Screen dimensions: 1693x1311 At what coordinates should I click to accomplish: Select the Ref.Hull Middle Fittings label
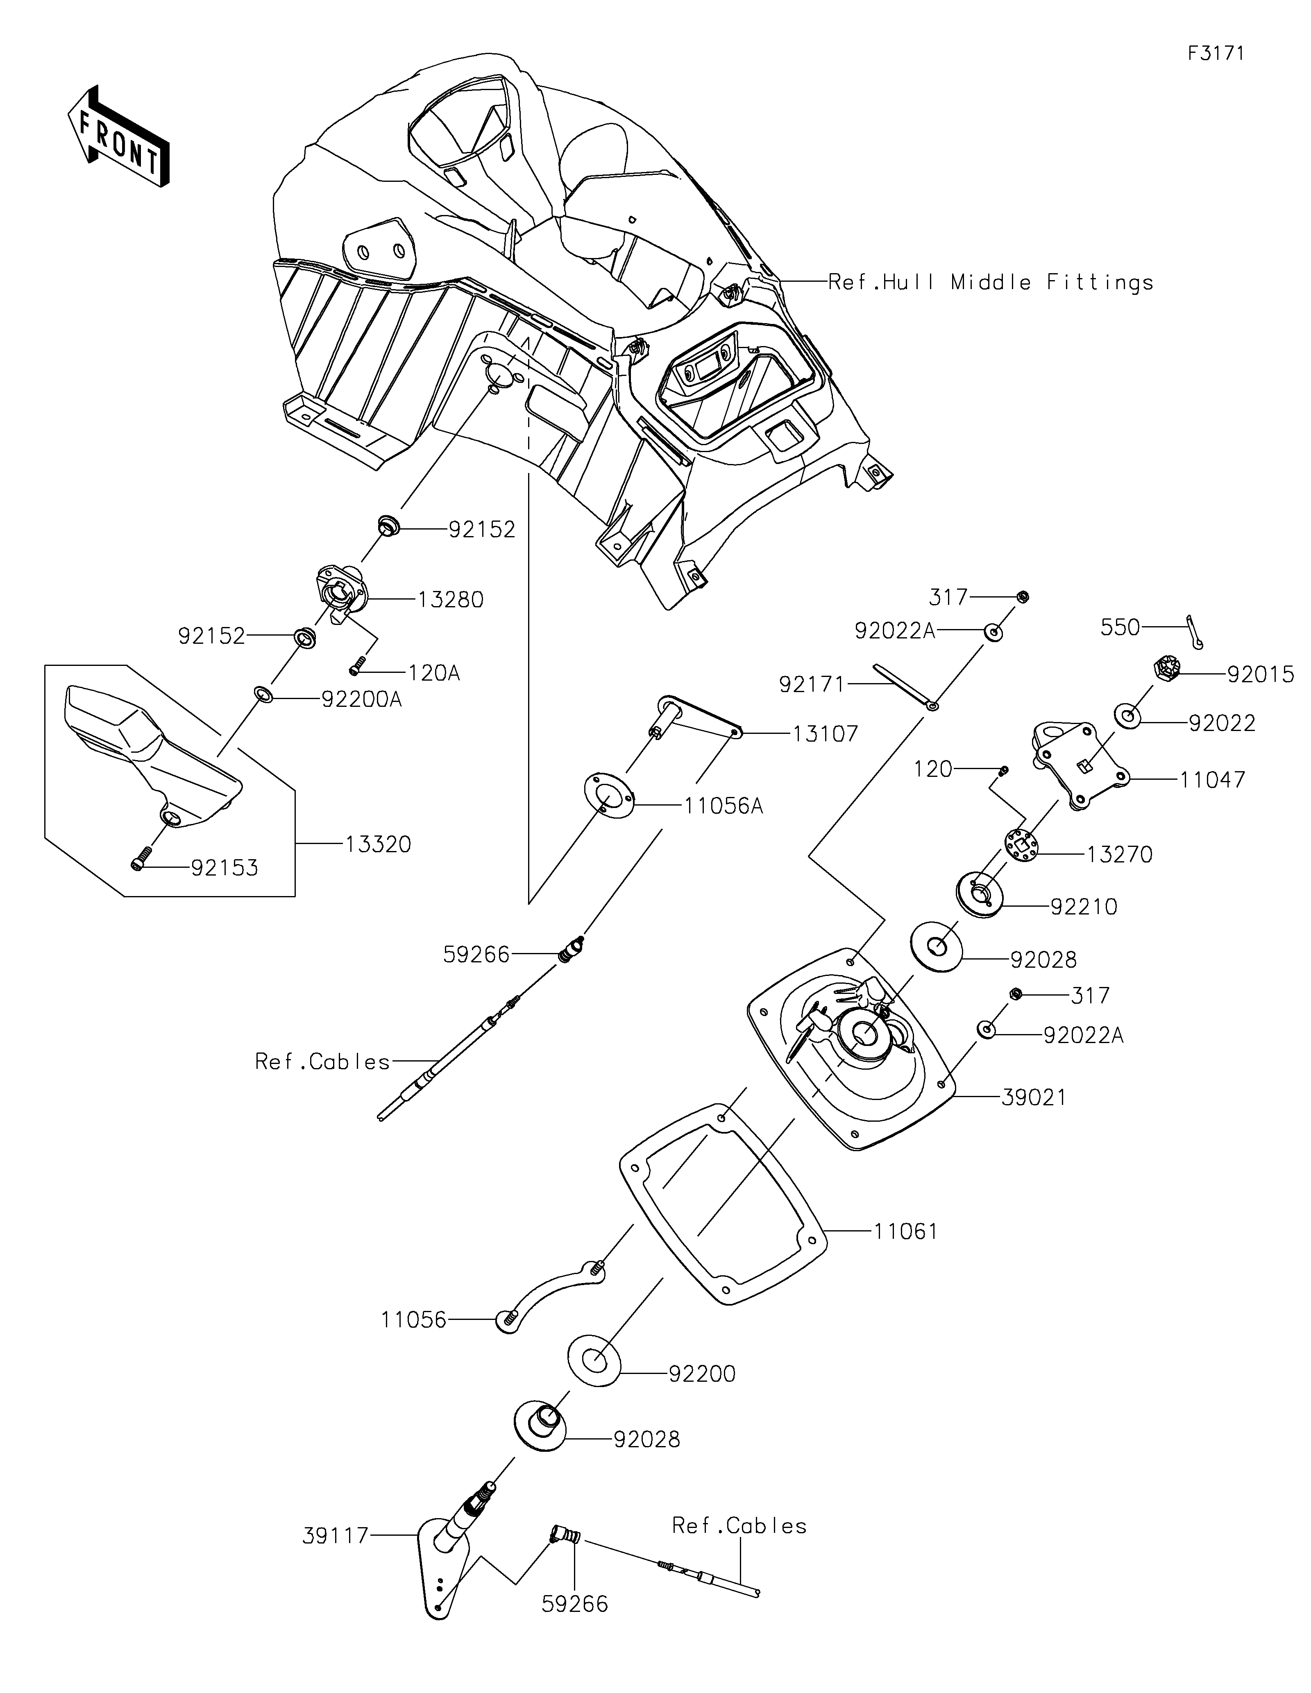click(990, 282)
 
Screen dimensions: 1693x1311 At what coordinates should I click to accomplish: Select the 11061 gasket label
click(905, 1231)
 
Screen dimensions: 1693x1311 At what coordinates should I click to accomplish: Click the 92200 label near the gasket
click(702, 1374)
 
